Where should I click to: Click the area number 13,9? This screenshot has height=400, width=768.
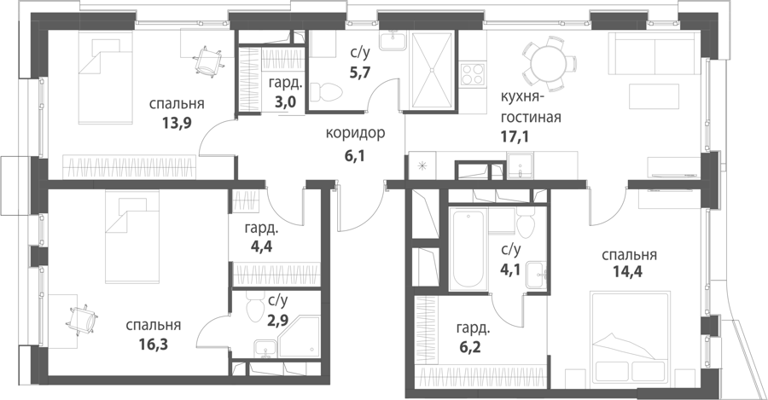[x=177, y=122]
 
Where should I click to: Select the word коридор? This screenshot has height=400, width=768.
[x=356, y=133]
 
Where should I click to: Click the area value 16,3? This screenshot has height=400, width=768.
[x=154, y=344]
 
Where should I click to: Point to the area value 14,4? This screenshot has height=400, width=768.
[x=627, y=270]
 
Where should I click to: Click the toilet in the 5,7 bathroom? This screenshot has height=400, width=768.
[x=327, y=90]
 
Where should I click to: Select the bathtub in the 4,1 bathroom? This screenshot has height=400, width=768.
[x=468, y=249]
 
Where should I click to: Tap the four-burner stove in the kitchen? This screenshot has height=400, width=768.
[x=473, y=75]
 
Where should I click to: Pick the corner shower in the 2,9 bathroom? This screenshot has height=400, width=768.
[x=299, y=341]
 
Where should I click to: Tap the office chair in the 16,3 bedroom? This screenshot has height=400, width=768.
[x=82, y=320]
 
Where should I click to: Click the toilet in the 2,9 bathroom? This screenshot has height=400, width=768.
[x=255, y=307]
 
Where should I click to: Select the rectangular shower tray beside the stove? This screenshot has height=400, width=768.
[x=432, y=71]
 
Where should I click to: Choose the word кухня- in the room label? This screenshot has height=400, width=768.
[x=521, y=98]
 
